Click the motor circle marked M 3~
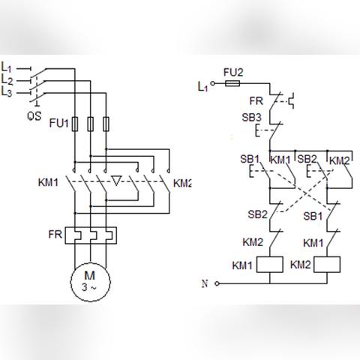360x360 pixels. pyautogui.click(x=91, y=282)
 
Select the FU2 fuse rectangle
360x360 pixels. pyautogui.click(x=232, y=83)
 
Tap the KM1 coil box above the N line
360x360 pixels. pyautogui.click(x=270, y=265)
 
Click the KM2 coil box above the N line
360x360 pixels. pyautogui.click(x=327, y=265)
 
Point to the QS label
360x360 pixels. pyautogui.click(x=34, y=116)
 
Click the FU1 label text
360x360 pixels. pyautogui.click(x=58, y=123)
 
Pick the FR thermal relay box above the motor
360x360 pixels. pyautogui.click(x=91, y=235)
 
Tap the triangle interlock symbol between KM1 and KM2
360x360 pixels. pyautogui.click(x=116, y=181)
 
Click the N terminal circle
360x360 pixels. pyautogui.click(x=217, y=283)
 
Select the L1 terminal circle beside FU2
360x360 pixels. pyautogui.click(x=213, y=83)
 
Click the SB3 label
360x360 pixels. pyautogui.click(x=251, y=117)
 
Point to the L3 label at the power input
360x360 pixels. pyautogui.click(x=7, y=92)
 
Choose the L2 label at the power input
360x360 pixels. pyautogui.click(x=7, y=80)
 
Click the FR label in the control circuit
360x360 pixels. pyautogui.click(x=256, y=101)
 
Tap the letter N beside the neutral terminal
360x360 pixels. pyautogui.click(x=205, y=283)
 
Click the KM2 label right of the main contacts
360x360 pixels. pyautogui.click(x=182, y=183)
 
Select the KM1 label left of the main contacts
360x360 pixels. pyautogui.click(x=48, y=182)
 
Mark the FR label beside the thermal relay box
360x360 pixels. pyautogui.click(x=55, y=234)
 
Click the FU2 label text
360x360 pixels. pyautogui.click(x=233, y=73)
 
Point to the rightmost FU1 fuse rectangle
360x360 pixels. pyautogui.click(x=106, y=124)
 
